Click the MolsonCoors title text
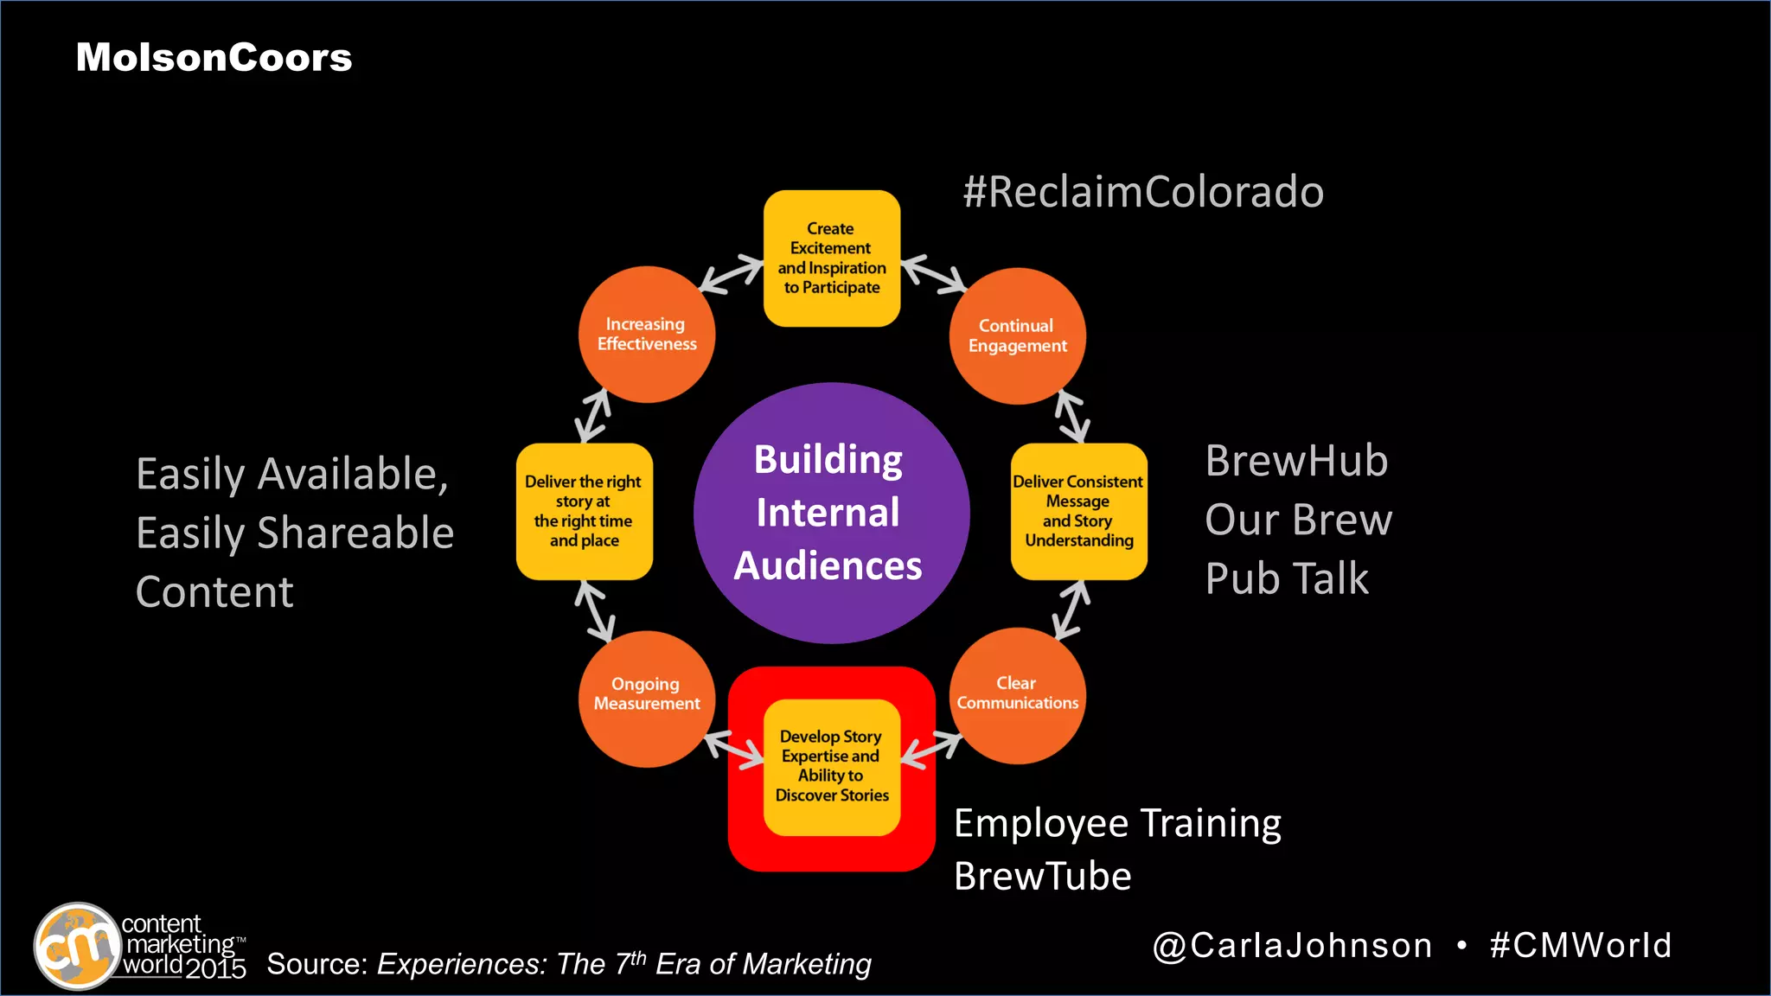(x=214, y=58)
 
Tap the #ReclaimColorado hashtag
(x=1142, y=192)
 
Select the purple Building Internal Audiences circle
(x=830, y=513)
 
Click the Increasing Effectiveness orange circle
(x=646, y=335)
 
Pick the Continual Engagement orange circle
(x=1017, y=335)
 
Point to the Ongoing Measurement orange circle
(x=646, y=699)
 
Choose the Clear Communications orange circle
(x=1017, y=695)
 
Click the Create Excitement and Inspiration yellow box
(x=831, y=259)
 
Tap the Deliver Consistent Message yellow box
(x=1078, y=511)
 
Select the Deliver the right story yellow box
(x=584, y=511)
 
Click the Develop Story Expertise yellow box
(x=831, y=766)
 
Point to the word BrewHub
(x=1296, y=461)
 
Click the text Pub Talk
(x=1286, y=578)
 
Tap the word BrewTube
(x=1042, y=877)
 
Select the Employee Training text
(x=1116, y=823)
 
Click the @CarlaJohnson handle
(x=1292, y=945)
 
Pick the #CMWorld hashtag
(x=1580, y=945)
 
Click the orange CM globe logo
(x=78, y=946)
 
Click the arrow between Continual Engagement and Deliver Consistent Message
(x=1072, y=417)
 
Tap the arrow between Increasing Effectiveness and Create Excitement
(x=731, y=274)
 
